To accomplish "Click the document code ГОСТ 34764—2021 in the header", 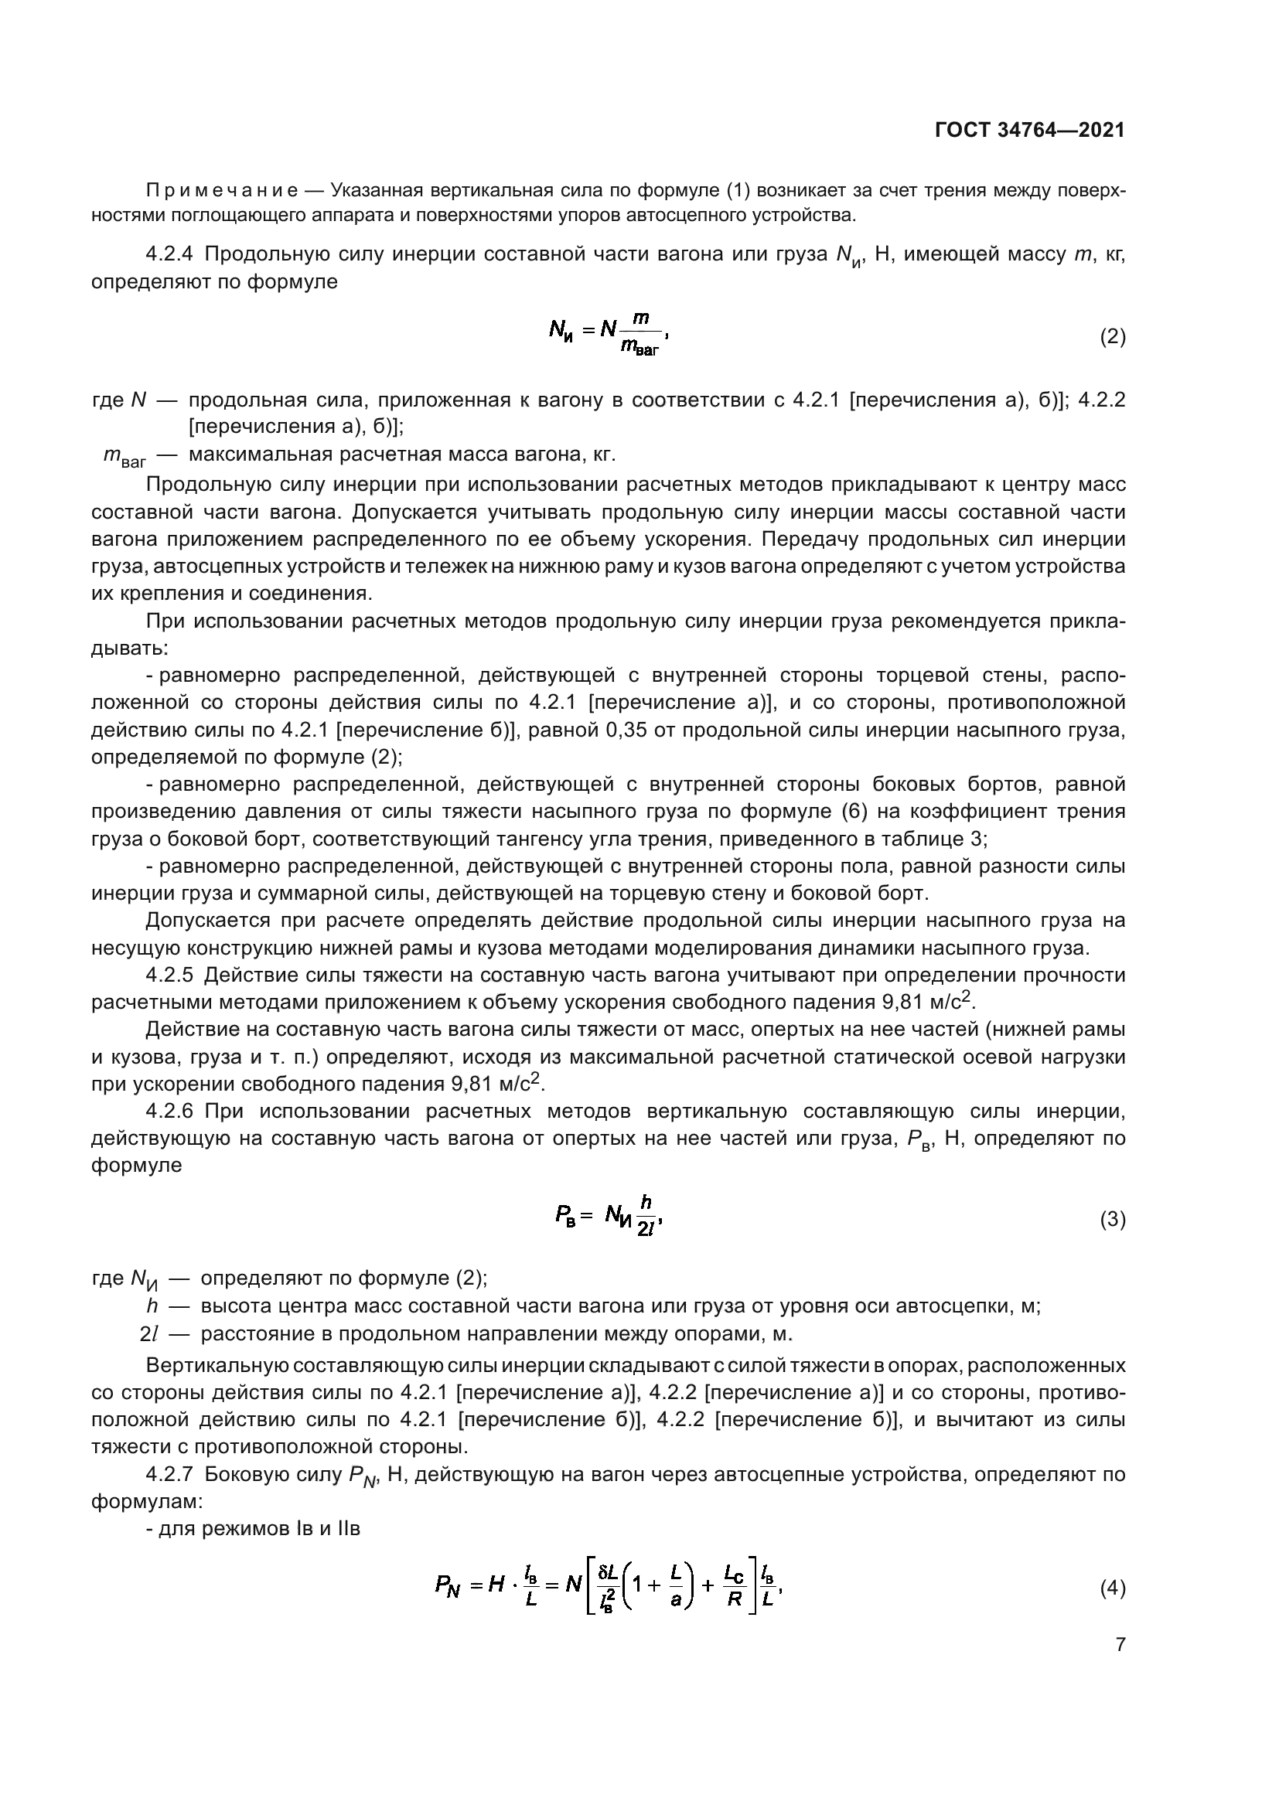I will pyautogui.click(x=1029, y=130).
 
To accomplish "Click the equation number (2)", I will pyautogui.click(x=1112, y=337).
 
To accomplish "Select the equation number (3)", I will pyautogui.click(x=1112, y=1220).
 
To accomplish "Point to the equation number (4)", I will pyautogui.click(x=1112, y=1588).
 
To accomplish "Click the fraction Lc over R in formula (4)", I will pyautogui.click(x=734, y=1586).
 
